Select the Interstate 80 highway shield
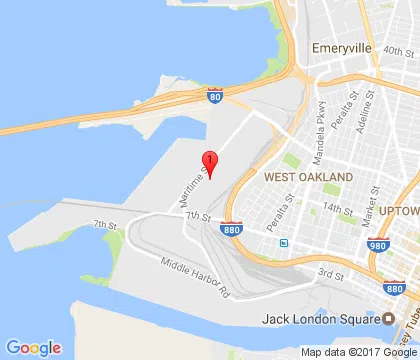(214, 95)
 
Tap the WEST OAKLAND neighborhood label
(308, 176)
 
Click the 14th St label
(338, 210)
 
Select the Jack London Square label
(319, 320)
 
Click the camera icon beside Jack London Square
(388, 319)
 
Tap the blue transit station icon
(285, 242)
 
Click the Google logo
(34, 347)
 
